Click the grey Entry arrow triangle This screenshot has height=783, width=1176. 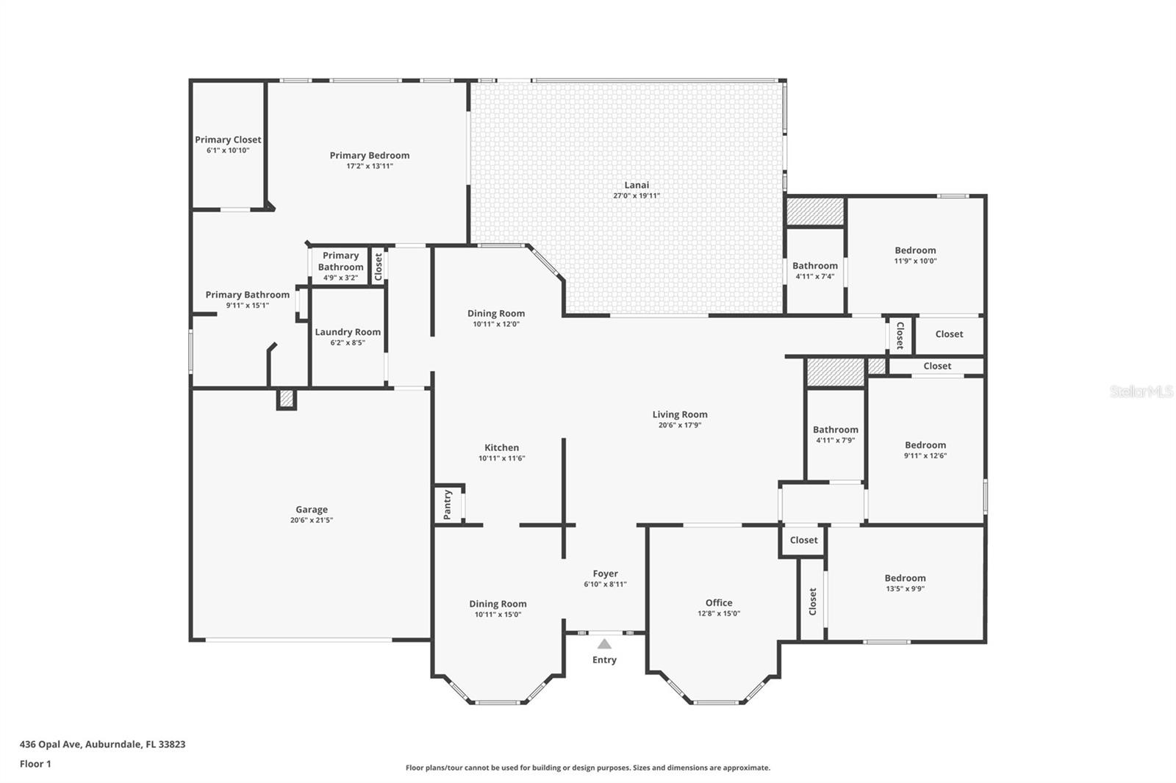[604, 643]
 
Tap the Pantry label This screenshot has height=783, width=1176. [448, 505]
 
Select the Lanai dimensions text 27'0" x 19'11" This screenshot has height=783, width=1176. [637, 195]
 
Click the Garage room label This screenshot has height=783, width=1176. [312, 510]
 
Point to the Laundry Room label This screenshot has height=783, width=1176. [348, 332]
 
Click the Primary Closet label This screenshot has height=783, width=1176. [228, 140]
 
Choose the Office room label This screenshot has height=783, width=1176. [719, 603]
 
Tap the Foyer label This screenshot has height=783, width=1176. [606, 574]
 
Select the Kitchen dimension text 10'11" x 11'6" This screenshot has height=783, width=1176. [502, 458]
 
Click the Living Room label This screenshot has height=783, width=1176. [680, 414]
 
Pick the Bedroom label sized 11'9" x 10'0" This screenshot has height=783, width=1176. [915, 251]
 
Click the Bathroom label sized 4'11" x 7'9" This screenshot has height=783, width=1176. [835, 430]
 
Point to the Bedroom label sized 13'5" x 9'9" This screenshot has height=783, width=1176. [905, 578]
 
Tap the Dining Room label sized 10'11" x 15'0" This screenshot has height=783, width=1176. [498, 604]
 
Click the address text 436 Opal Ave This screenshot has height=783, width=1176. [51, 744]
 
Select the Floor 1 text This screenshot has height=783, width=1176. [35, 764]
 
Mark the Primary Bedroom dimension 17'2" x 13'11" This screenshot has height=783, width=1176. [370, 166]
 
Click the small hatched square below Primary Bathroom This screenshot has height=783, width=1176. [287, 399]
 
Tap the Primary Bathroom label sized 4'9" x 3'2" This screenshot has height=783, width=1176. [340, 261]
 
